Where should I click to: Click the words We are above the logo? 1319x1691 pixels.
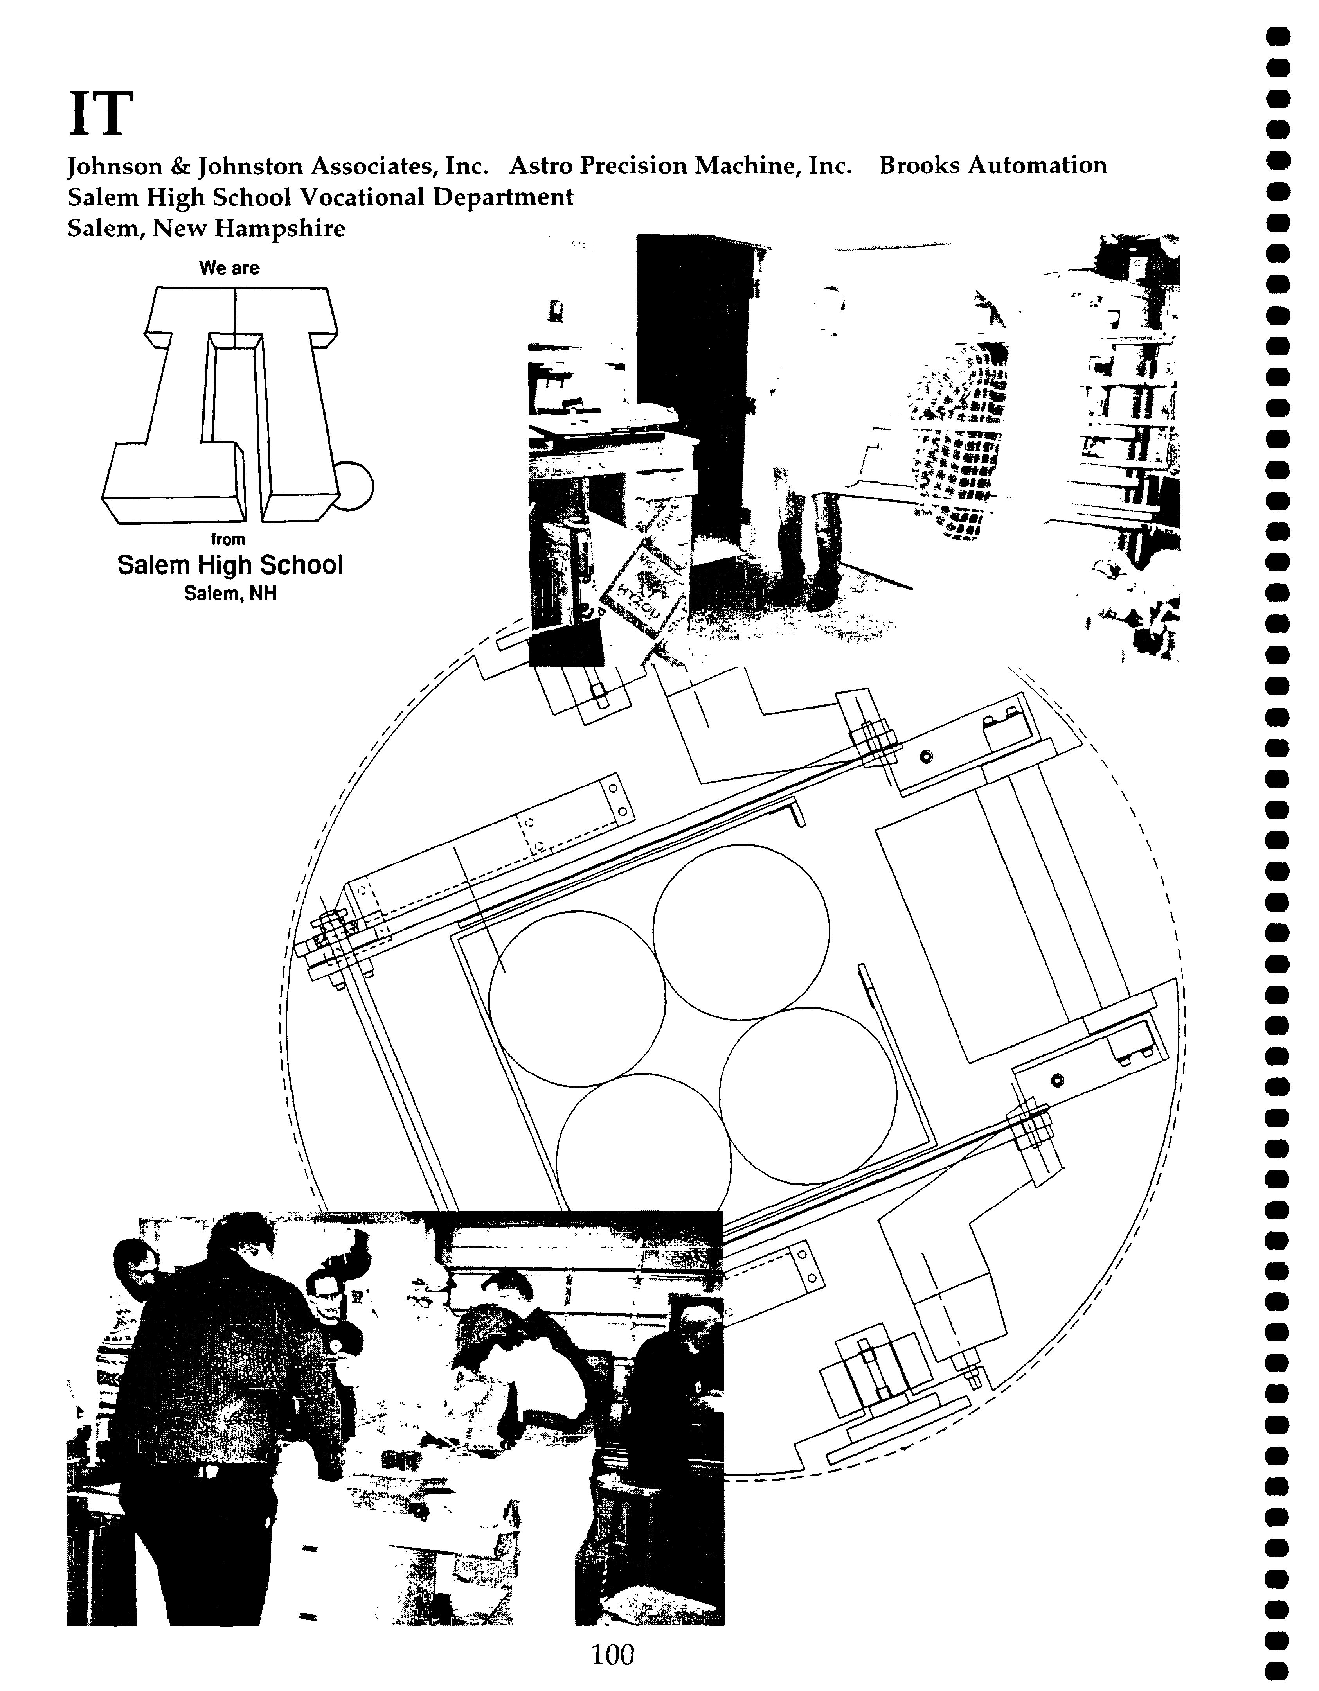pyautogui.click(x=229, y=268)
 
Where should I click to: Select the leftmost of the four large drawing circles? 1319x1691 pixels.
pyautogui.click(x=577, y=999)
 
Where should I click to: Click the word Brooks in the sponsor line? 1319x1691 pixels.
pyautogui.click(x=916, y=165)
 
